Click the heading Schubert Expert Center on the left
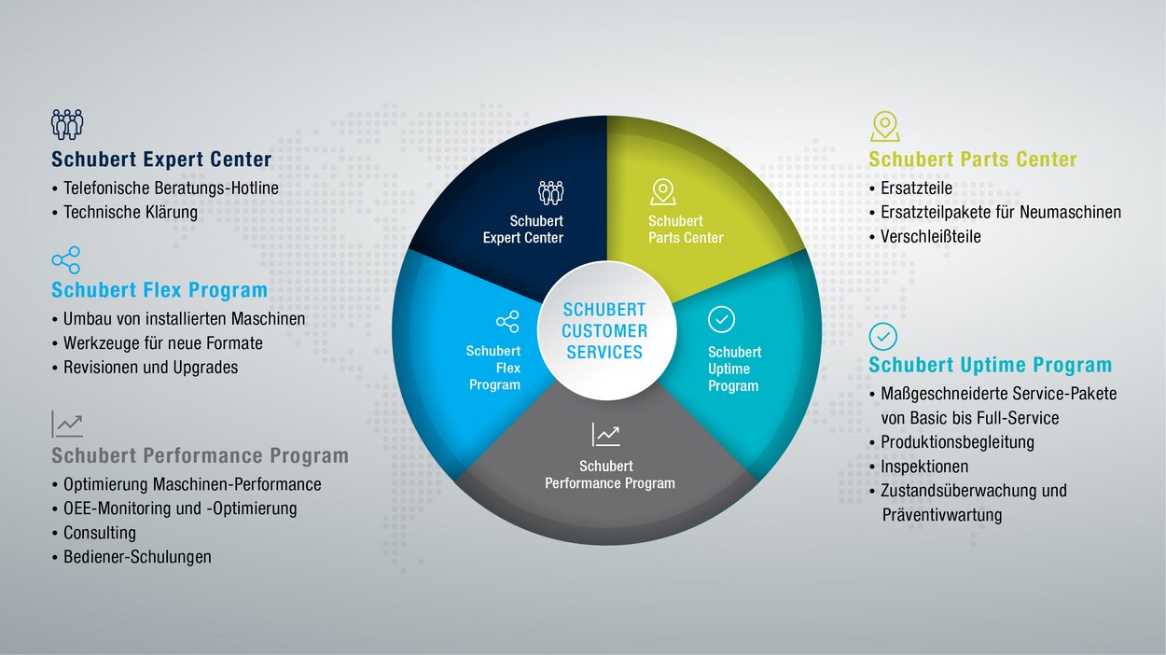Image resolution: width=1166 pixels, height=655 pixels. [161, 160]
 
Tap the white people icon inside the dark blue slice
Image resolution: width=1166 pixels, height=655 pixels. [550, 192]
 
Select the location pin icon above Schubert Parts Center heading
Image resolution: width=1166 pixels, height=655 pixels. [885, 126]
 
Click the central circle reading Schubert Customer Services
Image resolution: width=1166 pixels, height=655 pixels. [606, 330]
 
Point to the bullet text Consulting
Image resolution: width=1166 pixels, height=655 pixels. [100, 533]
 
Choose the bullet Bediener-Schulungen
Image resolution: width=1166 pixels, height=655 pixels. [137, 557]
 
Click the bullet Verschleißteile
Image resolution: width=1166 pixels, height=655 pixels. [931, 236]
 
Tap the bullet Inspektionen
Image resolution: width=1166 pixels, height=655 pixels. [924, 467]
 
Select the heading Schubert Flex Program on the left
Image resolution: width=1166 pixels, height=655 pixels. [160, 290]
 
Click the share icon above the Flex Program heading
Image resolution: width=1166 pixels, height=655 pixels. [66, 260]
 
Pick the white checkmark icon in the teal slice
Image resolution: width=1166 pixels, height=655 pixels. [721, 319]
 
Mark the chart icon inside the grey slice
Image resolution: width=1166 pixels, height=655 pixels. [606, 435]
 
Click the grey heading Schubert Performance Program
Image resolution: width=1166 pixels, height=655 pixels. [200, 455]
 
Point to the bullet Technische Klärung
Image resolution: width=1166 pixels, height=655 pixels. [131, 213]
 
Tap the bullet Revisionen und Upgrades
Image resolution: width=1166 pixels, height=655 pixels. [150, 368]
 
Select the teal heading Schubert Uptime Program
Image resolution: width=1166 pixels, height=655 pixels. [990, 365]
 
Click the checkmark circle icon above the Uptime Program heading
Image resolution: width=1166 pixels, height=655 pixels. [882, 336]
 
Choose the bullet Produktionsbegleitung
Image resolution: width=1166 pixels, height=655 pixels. [957, 442]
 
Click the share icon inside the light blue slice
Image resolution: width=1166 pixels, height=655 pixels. [507, 322]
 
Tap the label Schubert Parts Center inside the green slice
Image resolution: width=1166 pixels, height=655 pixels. [686, 230]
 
